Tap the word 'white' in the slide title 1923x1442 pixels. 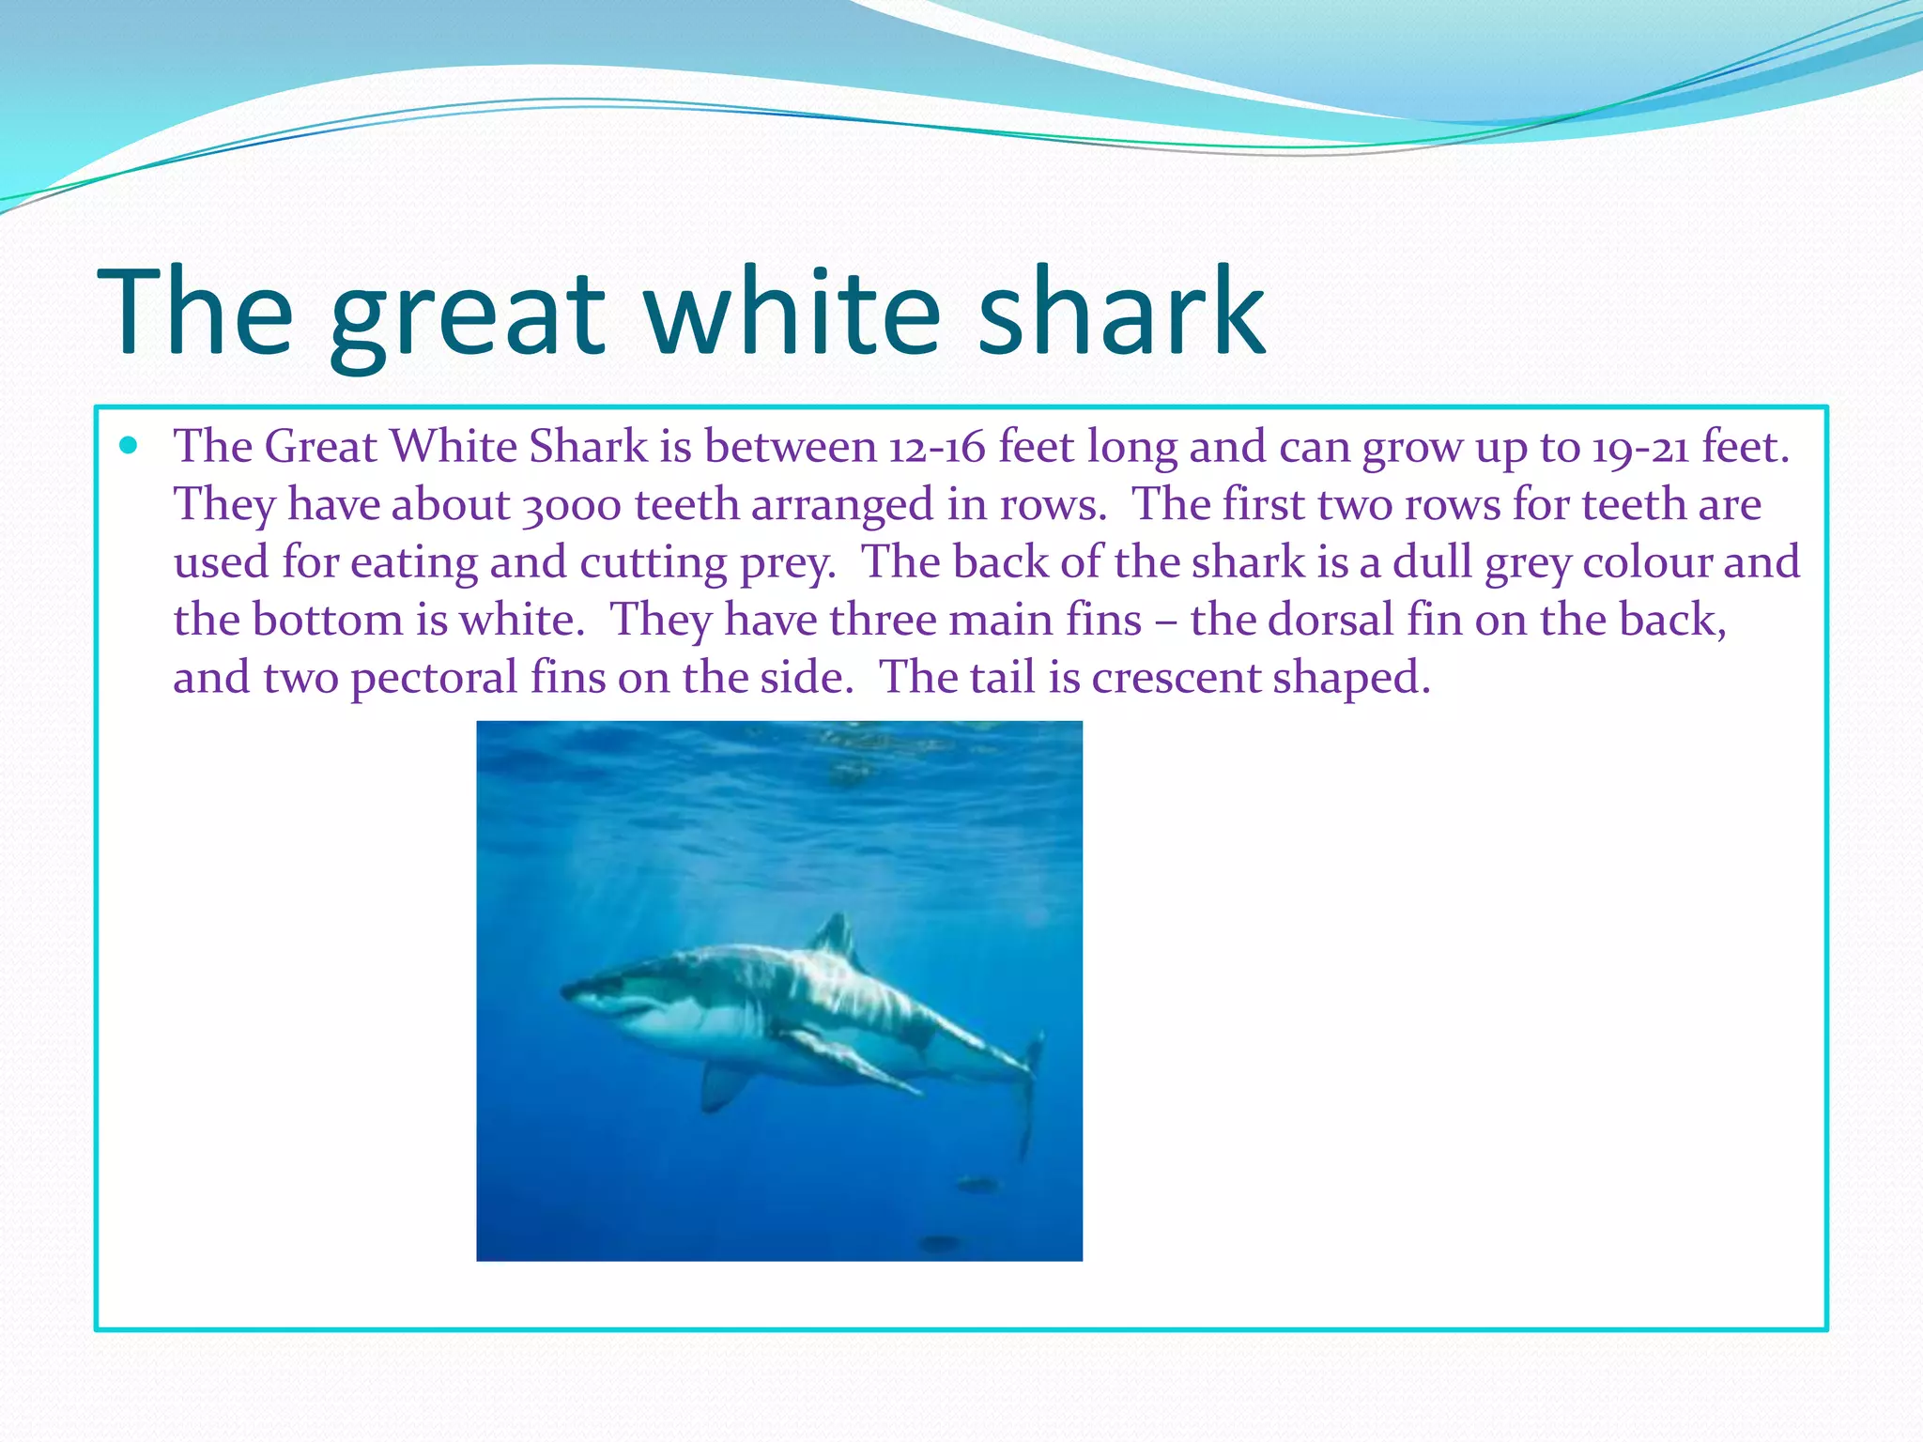(x=793, y=312)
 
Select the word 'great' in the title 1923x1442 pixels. (x=468, y=319)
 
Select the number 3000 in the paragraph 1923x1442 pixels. (x=572, y=505)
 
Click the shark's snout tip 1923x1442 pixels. (x=566, y=989)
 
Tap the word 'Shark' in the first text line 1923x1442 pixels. (x=589, y=447)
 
